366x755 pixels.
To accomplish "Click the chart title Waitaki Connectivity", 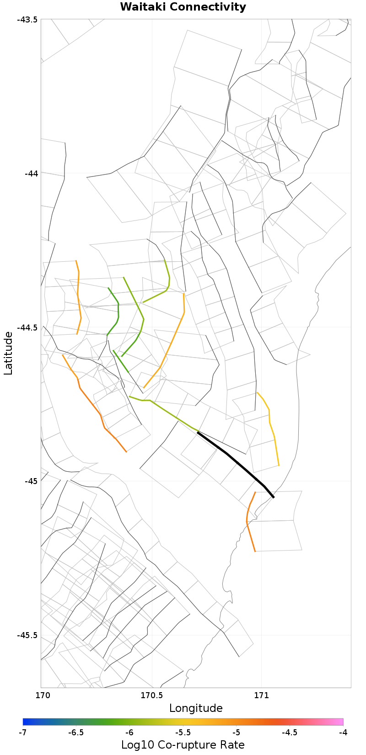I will (183, 7).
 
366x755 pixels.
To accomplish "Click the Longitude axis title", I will (196, 708).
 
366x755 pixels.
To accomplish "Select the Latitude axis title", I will (9, 353).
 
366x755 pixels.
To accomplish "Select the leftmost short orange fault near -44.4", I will (78, 298).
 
